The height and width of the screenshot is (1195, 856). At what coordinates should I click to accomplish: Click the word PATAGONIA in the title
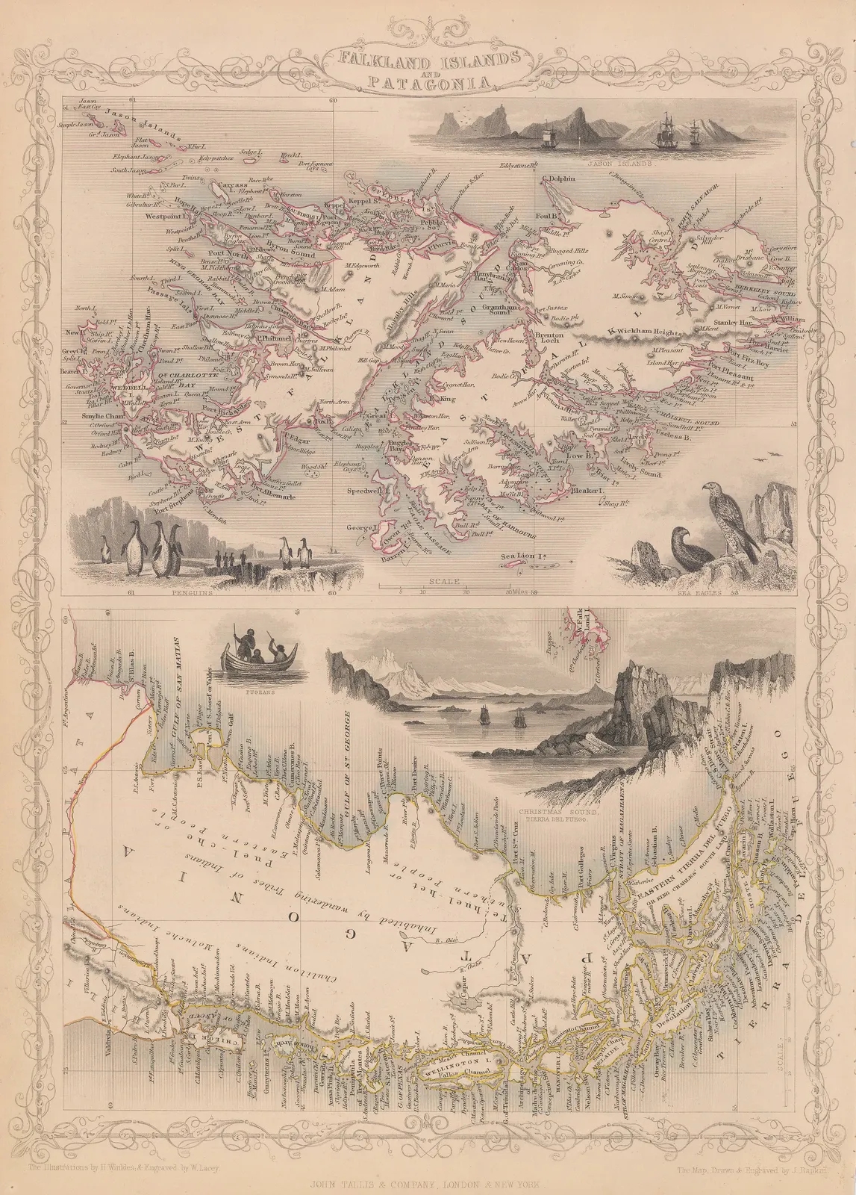pos(428,83)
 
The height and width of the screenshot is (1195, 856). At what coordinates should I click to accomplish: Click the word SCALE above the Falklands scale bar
pos(441,580)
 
